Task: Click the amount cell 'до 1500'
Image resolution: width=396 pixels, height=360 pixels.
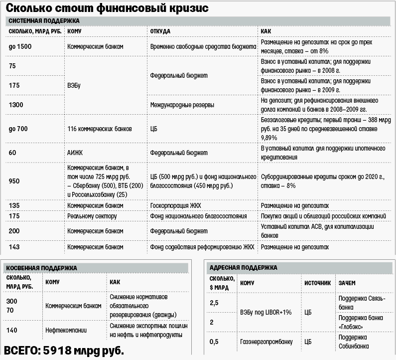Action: tap(20, 46)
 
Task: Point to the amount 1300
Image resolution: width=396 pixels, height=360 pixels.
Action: tap(16, 104)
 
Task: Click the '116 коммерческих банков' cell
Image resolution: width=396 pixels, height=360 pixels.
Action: tap(100, 129)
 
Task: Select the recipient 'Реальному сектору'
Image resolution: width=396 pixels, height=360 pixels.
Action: tap(92, 216)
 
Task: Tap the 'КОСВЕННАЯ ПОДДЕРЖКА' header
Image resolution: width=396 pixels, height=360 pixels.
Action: tap(42, 268)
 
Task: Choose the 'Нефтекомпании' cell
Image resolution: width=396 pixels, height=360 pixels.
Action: tap(65, 330)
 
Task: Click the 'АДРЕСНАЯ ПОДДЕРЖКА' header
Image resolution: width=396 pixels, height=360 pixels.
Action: tap(244, 268)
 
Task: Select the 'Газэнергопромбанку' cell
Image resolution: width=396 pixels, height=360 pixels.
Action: tap(266, 342)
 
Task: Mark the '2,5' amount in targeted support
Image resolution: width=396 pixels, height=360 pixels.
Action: tap(214, 303)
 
